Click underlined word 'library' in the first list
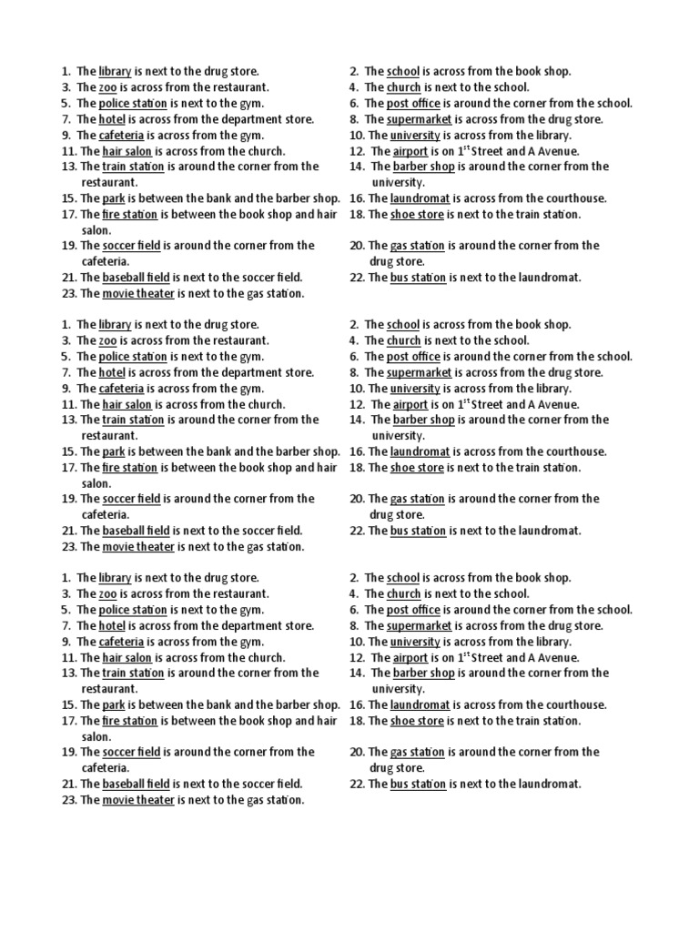click(115, 71)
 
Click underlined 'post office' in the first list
click(413, 103)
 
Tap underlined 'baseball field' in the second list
click(137, 531)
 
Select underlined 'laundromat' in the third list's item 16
click(420, 704)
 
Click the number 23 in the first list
click(68, 293)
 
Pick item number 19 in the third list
click(68, 752)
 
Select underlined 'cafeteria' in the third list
click(121, 642)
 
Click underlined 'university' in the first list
click(415, 135)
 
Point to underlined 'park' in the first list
click(114, 198)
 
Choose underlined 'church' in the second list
click(403, 340)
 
